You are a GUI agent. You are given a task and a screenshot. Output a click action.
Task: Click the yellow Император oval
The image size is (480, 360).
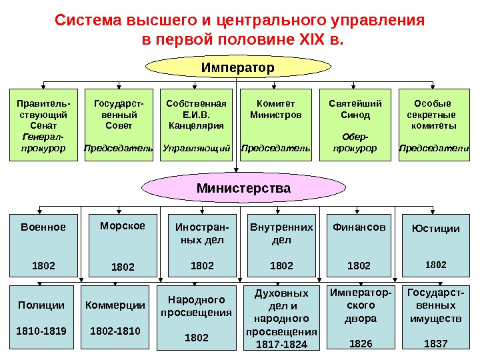click(238, 67)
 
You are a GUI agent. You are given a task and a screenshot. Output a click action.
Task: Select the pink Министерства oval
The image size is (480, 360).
click(243, 189)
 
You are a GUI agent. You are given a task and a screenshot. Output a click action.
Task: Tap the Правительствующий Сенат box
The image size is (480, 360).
click(44, 125)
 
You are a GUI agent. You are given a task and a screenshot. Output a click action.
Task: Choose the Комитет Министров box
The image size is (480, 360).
click(275, 125)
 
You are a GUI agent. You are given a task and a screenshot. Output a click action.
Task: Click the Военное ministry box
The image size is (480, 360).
click(43, 245)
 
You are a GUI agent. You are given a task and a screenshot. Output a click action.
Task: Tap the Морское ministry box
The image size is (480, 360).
click(123, 245)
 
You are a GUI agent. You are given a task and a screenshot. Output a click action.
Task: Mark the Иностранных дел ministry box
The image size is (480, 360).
click(202, 245)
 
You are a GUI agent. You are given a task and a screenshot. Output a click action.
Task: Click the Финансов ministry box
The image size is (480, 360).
click(359, 245)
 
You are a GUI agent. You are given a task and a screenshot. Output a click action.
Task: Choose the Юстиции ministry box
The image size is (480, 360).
click(436, 245)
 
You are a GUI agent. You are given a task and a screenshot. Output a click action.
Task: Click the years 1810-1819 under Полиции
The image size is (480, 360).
click(41, 330)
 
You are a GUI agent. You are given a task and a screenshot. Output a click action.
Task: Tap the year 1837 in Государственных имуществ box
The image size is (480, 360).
click(436, 344)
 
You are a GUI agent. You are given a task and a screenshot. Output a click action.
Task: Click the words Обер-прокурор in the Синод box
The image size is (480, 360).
click(355, 141)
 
